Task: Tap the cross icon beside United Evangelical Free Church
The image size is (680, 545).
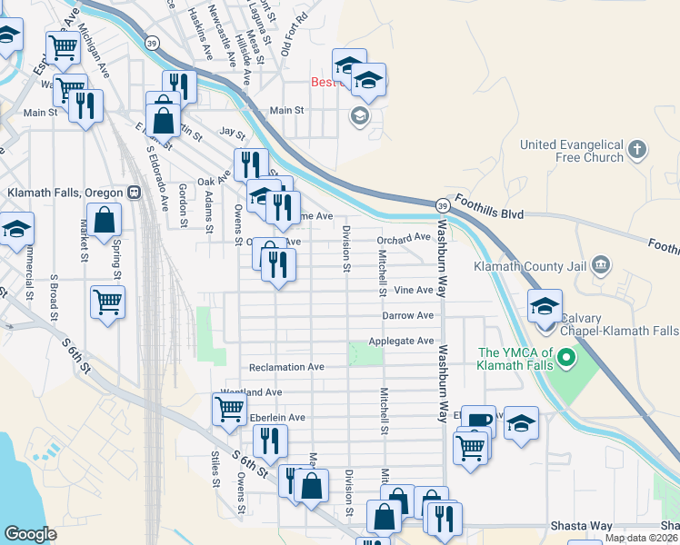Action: coord(638,149)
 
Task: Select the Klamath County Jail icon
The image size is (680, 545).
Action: coord(600,265)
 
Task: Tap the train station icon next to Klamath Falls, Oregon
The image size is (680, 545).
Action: coord(134,193)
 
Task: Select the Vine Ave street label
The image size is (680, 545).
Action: coord(414,291)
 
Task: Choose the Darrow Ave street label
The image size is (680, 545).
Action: coord(407,315)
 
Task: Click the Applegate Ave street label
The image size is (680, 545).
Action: coord(401,341)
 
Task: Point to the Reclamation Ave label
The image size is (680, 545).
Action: coord(286,367)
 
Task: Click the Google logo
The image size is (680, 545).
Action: coord(30,534)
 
